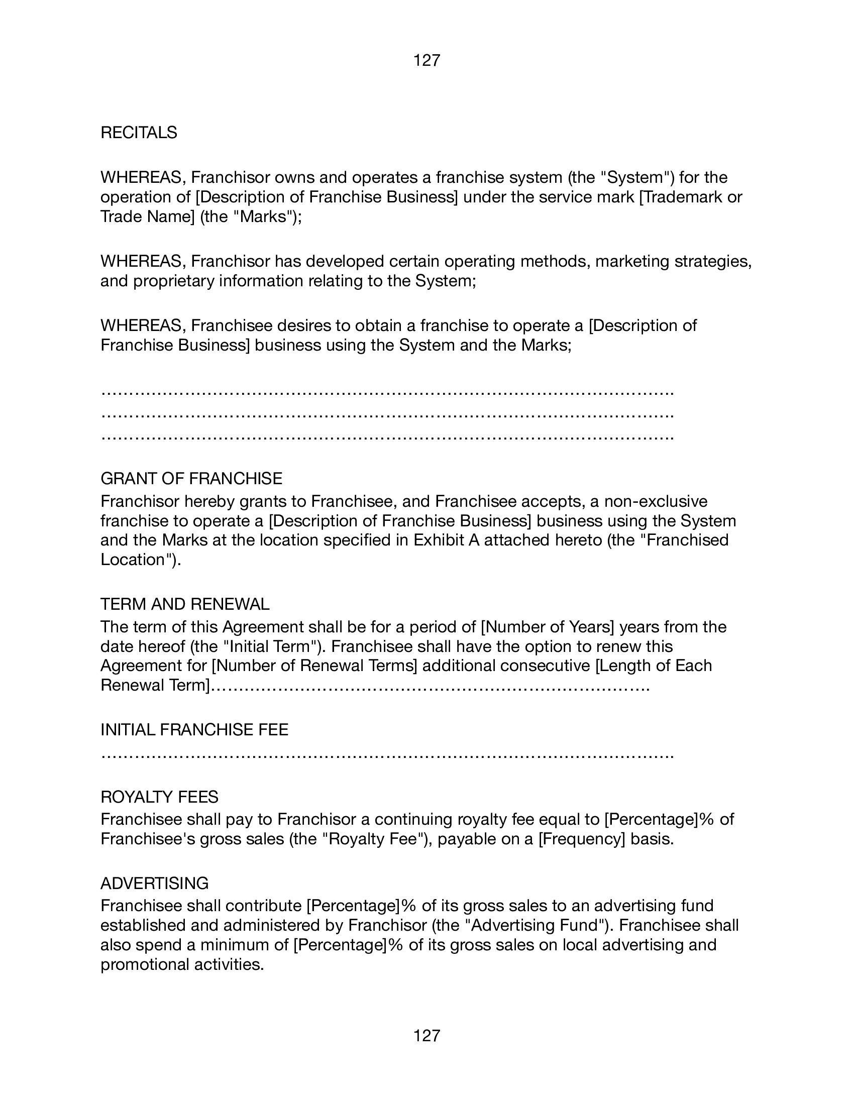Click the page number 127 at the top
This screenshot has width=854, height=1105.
[426, 61]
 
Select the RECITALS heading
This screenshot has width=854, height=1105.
[139, 133]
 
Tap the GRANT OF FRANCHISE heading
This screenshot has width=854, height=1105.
[191, 478]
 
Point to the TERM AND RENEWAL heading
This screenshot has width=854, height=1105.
[185, 604]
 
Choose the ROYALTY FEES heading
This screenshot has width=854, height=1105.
[159, 797]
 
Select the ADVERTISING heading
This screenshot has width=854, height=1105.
[154, 883]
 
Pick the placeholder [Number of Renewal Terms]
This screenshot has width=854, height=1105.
[314, 666]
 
